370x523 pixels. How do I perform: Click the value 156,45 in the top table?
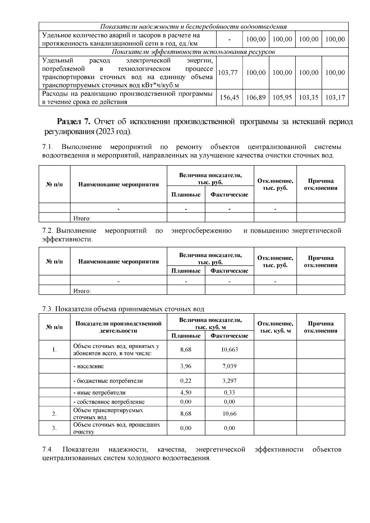coord(229,98)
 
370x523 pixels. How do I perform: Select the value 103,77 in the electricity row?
coord(228,73)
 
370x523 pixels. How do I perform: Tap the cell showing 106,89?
coord(256,98)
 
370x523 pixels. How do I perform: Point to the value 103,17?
coord(335,98)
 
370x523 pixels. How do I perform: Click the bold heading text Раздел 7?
coord(74,122)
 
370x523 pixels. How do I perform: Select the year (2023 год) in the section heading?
coord(113,132)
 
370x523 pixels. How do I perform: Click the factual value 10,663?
coord(229,349)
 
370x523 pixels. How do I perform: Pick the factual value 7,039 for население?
coord(229,366)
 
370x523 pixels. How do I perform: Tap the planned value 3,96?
coord(186,366)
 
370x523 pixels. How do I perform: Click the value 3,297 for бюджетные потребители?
coord(229,381)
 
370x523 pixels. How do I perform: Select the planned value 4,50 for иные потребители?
coord(186,393)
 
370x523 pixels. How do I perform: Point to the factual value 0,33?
coord(229,393)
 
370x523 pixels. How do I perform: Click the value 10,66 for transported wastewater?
coord(229,414)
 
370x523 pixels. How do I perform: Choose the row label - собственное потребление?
coord(109,402)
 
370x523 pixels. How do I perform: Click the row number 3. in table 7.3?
coord(54,428)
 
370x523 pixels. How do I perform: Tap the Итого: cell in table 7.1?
coord(82,219)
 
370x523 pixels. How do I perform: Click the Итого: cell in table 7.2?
coord(82,291)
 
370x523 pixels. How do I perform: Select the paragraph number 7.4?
coord(48,450)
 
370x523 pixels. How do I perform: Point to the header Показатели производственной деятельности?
coord(118,327)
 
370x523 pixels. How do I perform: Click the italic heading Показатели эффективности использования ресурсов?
coord(193,52)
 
